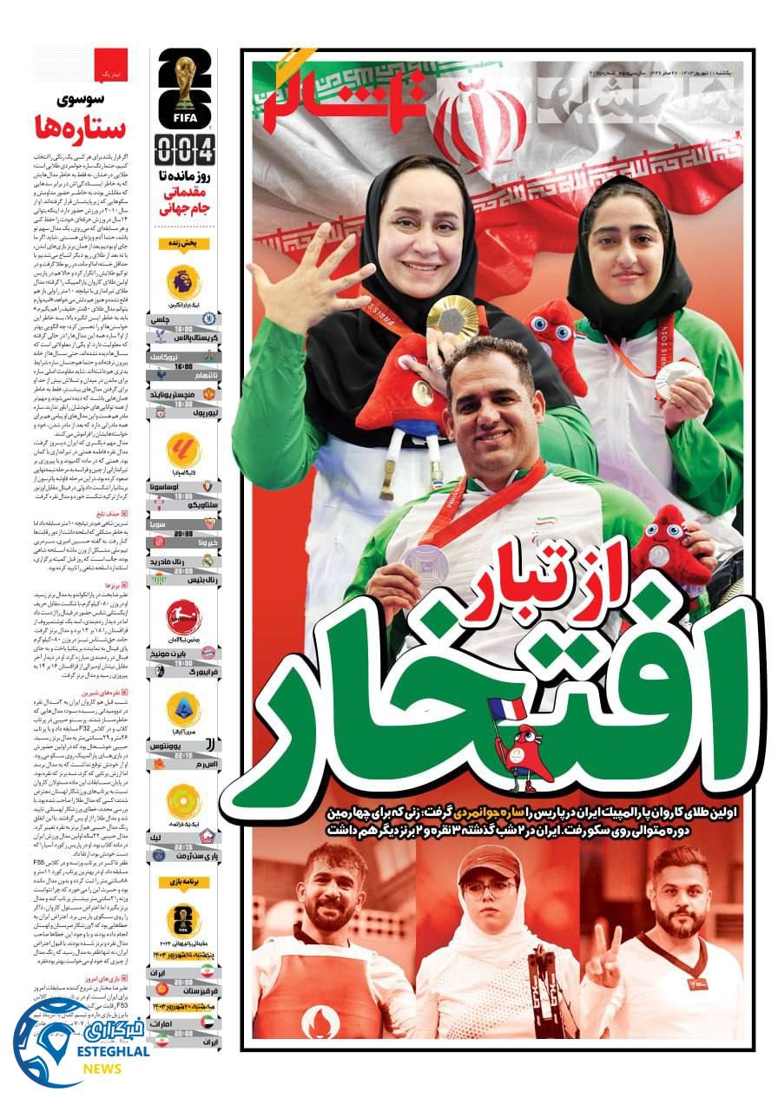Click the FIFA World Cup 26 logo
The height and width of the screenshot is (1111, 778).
click(x=185, y=87)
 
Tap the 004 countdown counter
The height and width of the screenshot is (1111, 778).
click(x=185, y=149)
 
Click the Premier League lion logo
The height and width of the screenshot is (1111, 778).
click(x=184, y=283)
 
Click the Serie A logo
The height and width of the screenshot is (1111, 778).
click(x=184, y=710)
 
